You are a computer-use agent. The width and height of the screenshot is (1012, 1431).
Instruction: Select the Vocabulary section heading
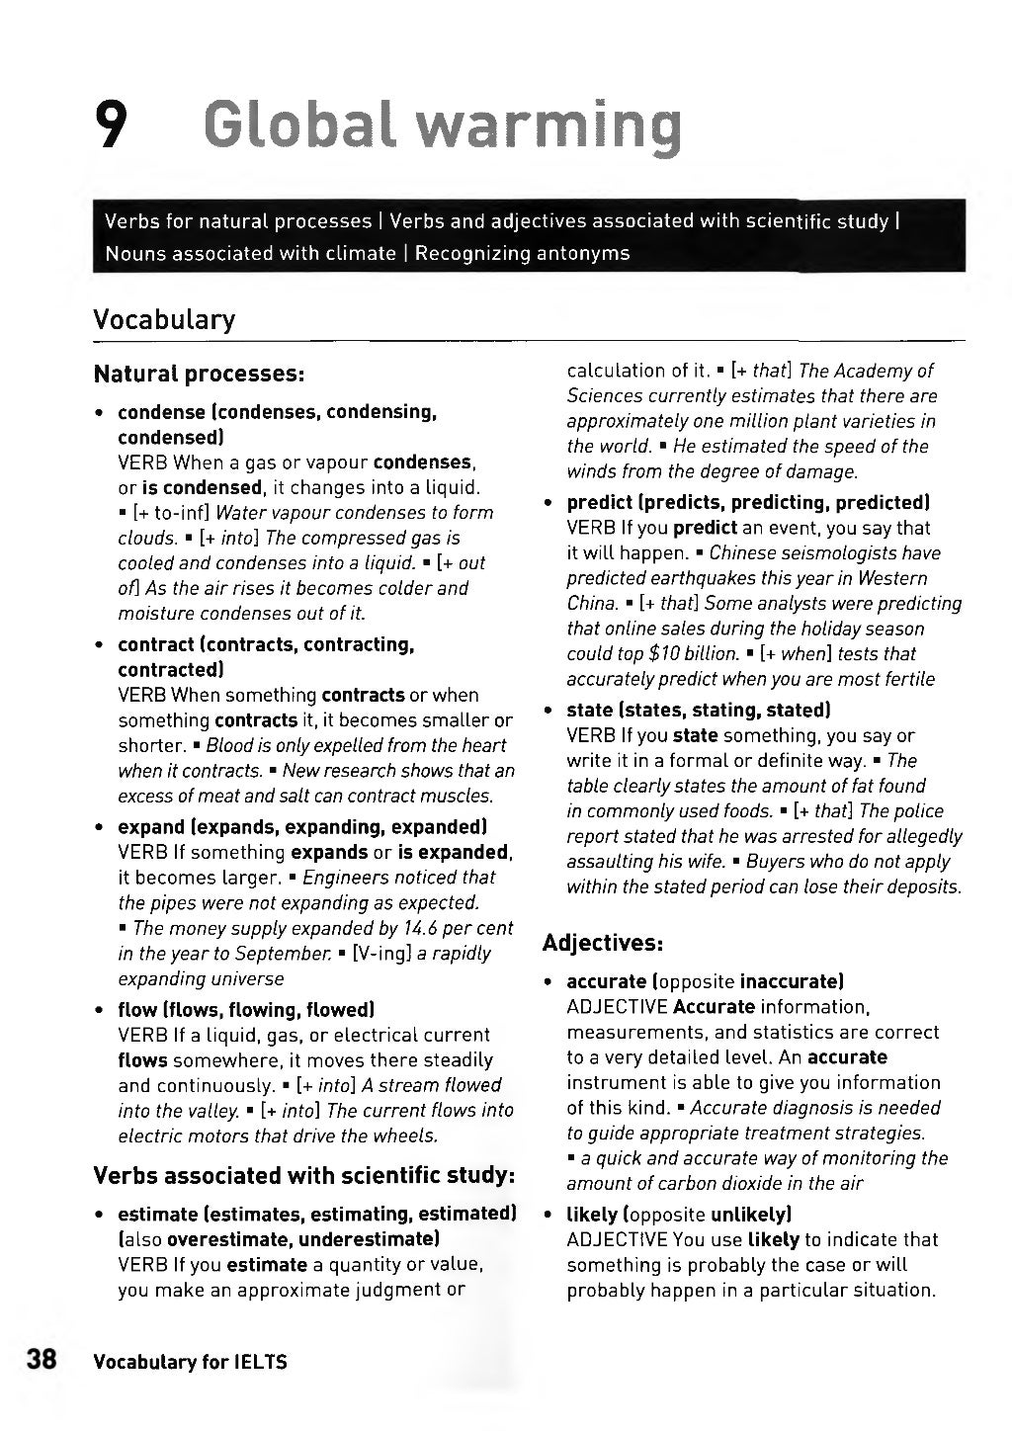[x=164, y=319]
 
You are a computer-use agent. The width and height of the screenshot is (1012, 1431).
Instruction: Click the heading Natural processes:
[x=198, y=375]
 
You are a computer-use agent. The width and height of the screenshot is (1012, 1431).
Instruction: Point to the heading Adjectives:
[x=602, y=943]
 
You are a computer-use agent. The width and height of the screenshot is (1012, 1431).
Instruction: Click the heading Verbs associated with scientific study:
[x=304, y=1176]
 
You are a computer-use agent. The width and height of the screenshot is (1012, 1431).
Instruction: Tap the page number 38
[x=45, y=1359]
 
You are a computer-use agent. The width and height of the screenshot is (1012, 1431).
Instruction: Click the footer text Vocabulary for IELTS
[x=190, y=1362]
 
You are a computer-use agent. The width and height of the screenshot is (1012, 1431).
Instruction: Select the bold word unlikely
[x=749, y=1214]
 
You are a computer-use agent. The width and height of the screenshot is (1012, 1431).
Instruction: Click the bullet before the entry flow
[x=100, y=1011]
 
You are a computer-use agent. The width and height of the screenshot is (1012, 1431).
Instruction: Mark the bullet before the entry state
[x=548, y=711]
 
